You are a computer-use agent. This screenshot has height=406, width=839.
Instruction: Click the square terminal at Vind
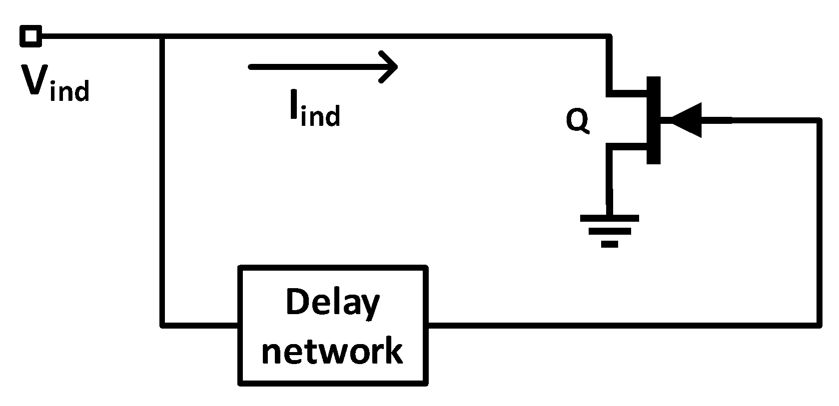30,36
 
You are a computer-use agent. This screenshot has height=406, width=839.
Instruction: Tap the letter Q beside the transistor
577,120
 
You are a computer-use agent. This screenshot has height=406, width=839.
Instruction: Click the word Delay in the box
332,302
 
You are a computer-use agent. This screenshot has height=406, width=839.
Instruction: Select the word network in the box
332,351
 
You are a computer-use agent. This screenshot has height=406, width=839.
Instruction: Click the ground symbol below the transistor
610,230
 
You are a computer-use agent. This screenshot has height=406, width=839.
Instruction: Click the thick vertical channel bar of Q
653,120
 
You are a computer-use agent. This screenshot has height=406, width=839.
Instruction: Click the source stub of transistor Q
627,146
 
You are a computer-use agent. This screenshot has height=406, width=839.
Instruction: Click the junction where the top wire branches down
162,36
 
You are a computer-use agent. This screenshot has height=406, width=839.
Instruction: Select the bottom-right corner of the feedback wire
820,326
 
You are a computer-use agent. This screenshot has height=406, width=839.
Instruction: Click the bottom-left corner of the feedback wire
162,326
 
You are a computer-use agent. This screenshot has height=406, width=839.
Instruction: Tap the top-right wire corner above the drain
609,36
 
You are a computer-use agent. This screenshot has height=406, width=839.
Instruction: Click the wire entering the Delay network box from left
200,326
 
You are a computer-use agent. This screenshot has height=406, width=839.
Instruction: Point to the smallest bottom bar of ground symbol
610,244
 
